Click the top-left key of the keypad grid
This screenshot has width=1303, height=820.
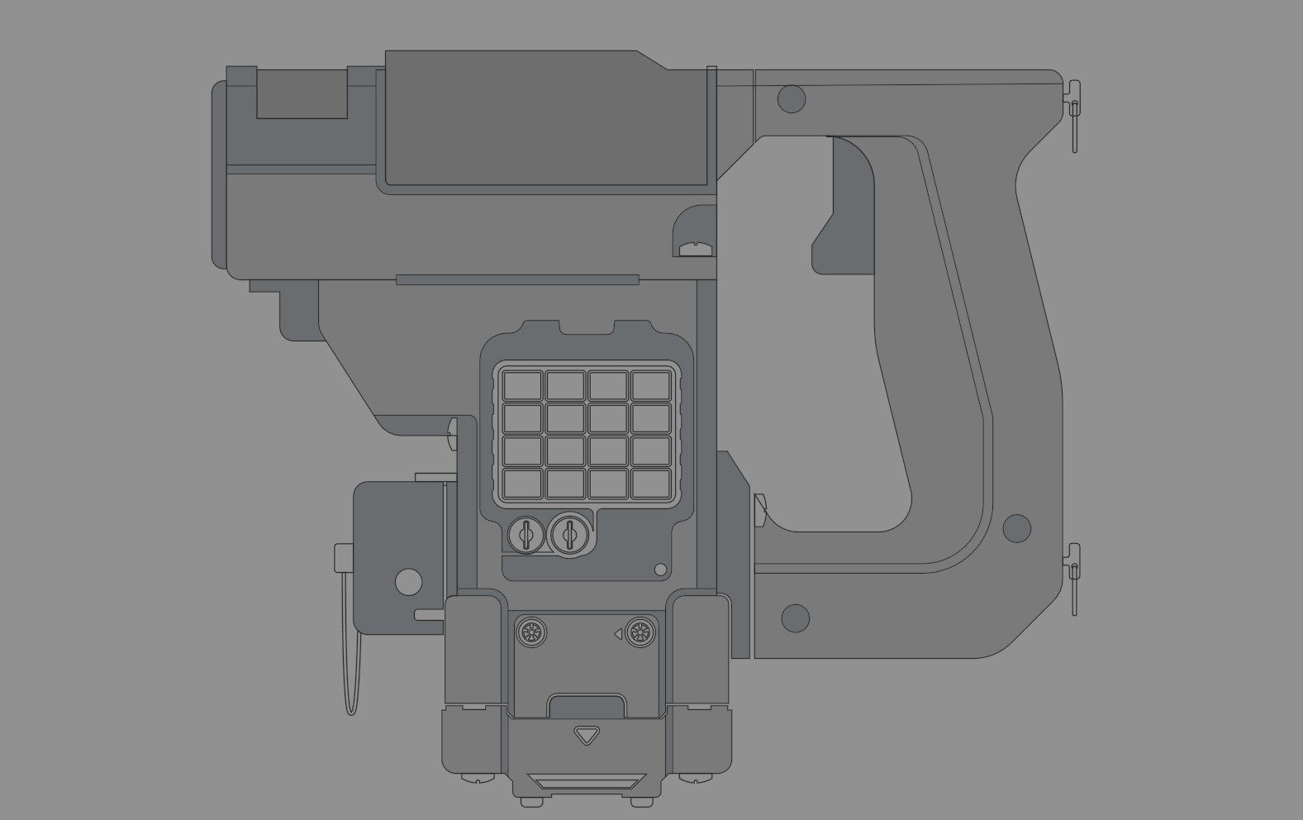pos(522,385)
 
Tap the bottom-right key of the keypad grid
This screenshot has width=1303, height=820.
pos(651,483)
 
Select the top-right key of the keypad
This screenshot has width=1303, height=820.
pos(651,385)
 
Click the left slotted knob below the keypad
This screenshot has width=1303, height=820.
pos(525,535)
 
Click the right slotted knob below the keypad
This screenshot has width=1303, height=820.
pos(569,535)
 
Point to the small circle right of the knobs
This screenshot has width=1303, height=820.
pos(660,570)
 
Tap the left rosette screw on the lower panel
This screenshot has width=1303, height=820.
pos(531,633)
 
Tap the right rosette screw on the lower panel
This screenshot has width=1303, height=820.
pos(639,633)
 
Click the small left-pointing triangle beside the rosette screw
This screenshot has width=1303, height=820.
pos(617,634)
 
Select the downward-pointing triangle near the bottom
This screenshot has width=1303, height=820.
pos(587,734)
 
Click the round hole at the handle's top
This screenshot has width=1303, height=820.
pos(792,99)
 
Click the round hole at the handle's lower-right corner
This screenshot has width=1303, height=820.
pos(1016,528)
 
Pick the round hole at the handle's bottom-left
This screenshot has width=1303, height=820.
pos(795,617)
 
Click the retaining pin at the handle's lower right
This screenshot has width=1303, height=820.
pos(1073,574)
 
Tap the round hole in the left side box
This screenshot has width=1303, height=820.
pos(408,582)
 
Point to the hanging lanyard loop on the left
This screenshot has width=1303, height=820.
pos(353,670)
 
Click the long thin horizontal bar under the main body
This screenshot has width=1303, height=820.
pos(517,279)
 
